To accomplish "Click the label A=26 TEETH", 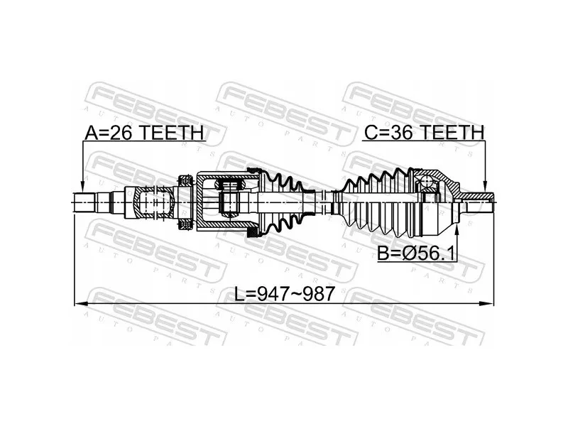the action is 145,133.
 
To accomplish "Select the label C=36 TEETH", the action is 424,133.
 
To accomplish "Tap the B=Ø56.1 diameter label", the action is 416,253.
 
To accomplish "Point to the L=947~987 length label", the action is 284,294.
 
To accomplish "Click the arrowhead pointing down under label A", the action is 82,187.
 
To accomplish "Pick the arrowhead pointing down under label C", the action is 485,187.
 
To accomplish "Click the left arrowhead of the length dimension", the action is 80,303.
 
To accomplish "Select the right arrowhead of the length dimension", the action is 487,303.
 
